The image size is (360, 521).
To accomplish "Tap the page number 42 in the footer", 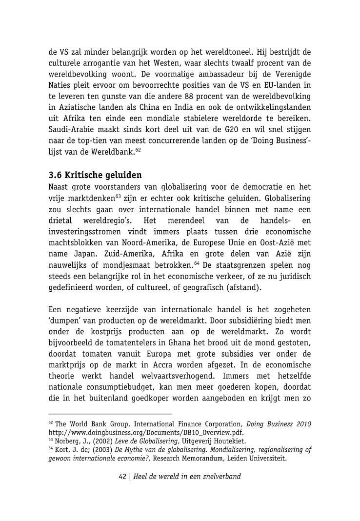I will (x=123, y=476).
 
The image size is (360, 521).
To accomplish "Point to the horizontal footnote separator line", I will (x=110, y=414).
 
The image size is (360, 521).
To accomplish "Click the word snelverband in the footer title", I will (x=220, y=476).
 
